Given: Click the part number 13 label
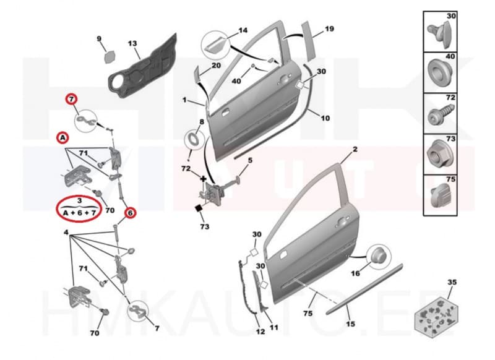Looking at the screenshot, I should pos(132,43).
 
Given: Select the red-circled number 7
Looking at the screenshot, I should pos(72,99).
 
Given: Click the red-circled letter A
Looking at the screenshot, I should pos(61,137).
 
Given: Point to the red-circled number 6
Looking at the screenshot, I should pos(130,213).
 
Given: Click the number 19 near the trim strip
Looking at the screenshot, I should pos(329,28).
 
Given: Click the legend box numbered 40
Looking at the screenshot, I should pos(440,72).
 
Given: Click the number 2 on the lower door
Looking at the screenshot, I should pos(355,150).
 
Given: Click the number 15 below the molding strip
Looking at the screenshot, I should pos(351,323).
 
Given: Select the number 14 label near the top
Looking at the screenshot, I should pos(243,29).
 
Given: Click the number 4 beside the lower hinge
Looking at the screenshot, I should pos(66,233).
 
